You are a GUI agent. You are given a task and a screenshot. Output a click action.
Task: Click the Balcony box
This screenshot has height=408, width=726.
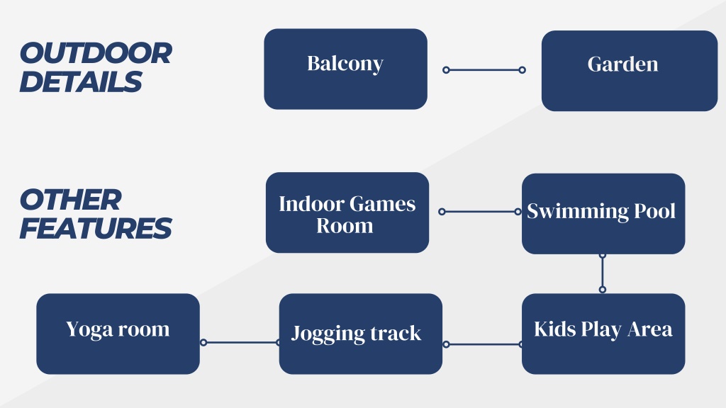point(345,69)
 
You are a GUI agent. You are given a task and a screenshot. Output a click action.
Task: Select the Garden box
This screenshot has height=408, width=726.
point(630,71)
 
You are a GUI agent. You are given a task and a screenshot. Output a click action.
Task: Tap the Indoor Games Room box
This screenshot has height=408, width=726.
point(347,212)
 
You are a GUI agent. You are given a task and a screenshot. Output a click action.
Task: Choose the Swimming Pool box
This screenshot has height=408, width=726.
point(603,214)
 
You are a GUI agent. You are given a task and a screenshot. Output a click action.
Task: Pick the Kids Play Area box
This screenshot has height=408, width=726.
point(603,334)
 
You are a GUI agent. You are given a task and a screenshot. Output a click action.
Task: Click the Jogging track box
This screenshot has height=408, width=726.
point(361,334)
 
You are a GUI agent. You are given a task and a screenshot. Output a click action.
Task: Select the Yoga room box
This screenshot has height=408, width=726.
point(118,334)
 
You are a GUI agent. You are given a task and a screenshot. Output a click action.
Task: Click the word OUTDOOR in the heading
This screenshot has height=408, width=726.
point(96,53)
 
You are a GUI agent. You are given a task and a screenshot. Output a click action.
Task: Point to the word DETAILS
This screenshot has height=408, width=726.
point(81,82)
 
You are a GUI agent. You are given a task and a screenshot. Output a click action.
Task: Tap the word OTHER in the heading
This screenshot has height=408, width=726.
point(71,200)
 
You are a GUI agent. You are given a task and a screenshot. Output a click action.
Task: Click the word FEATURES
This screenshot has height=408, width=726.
point(96,229)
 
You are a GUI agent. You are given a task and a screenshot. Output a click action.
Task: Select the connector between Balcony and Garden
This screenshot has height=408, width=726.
point(484,70)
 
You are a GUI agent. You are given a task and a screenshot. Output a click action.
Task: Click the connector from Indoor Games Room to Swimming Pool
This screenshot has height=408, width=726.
point(480,211)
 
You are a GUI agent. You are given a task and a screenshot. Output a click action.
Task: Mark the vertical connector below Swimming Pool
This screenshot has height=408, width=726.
point(603,273)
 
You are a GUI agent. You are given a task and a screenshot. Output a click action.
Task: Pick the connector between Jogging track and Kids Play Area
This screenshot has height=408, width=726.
point(484,344)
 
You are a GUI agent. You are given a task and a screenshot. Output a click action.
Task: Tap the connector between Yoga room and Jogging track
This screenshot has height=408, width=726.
point(241,342)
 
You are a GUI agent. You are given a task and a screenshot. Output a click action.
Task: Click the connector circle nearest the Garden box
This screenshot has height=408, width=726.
point(522,70)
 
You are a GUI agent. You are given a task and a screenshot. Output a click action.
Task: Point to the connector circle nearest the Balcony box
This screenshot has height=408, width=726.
point(446,70)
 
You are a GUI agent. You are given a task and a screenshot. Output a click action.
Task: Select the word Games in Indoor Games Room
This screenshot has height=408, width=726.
point(382,204)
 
